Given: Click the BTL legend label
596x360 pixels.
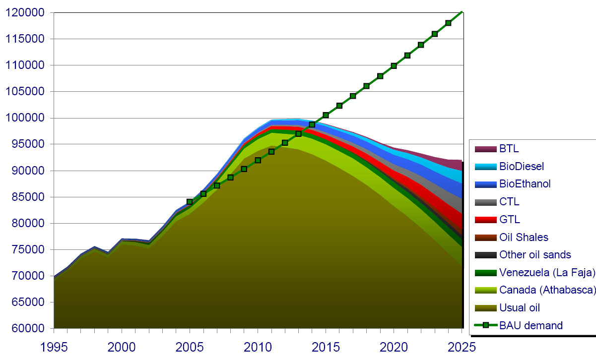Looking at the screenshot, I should tap(509, 148).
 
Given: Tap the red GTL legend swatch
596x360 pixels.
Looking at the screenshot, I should tap(486, 220).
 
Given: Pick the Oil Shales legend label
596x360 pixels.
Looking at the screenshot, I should tap(524, 238).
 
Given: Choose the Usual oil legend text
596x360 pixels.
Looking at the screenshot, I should tap(520, 307).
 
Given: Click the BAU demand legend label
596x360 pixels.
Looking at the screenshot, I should tap(531, 325).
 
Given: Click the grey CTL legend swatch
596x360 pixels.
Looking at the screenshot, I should tap(486, 202).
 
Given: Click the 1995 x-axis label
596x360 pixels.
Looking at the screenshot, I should tap(54, 346).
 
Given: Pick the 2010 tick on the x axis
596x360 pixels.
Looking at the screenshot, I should tap(258, 346).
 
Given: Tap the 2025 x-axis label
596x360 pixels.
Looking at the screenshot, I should tap(462, 346).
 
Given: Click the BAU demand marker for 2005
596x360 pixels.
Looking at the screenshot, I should tap(190, 202).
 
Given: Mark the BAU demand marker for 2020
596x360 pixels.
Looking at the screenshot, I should tap(394, 65).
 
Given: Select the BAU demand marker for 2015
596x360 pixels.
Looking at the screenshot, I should tap(326, 115).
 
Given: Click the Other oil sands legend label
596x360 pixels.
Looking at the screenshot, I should tap(535, 254).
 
